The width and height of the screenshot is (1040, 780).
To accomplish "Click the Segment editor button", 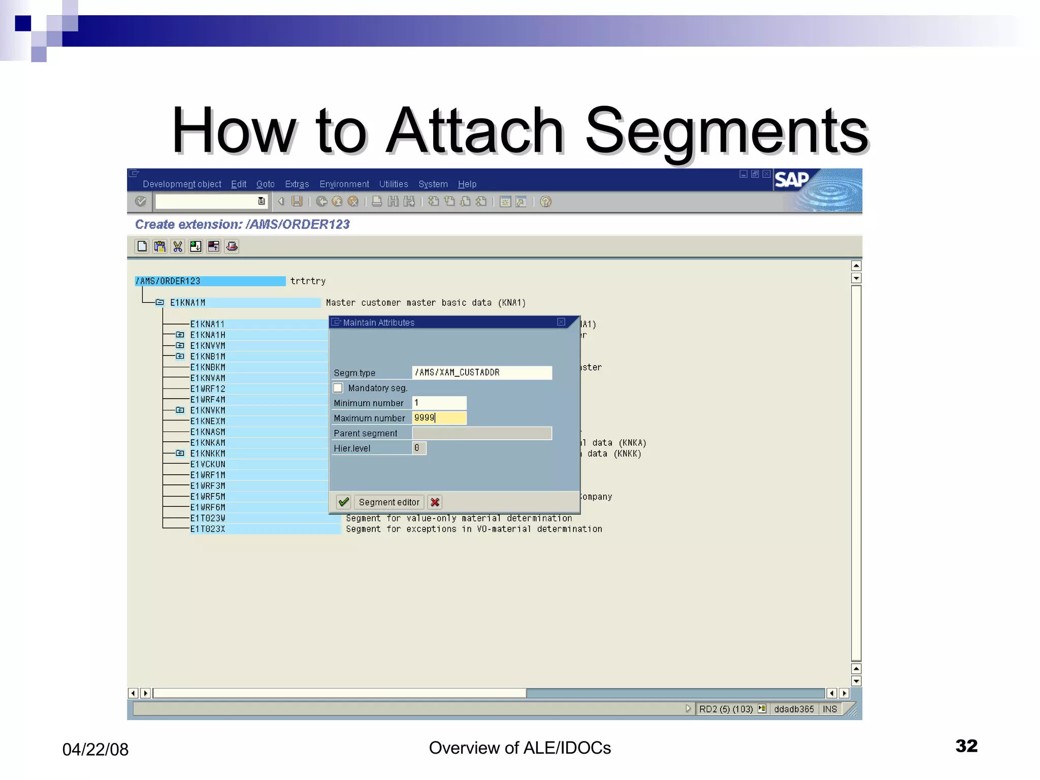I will [x=389, y=502].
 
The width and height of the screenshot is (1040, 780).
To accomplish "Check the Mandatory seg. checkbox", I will [x=338, y=388].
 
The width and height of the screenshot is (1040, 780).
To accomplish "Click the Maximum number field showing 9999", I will [x=439, y=418].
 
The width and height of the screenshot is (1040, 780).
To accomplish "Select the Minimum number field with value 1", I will [x=439, y=403].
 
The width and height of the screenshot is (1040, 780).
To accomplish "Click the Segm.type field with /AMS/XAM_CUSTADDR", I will [x=481, y=372].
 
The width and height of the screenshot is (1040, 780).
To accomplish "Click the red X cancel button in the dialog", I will [x=435, y=502].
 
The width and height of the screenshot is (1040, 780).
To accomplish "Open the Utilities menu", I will [x=394, y=184].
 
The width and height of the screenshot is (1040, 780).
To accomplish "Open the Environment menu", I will [x=344, y=184].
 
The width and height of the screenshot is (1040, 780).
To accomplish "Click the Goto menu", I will [x=265, y=184].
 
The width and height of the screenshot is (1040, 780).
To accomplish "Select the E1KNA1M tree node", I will [x=188, y=303].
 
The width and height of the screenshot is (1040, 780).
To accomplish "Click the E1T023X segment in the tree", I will [x=208, y=529].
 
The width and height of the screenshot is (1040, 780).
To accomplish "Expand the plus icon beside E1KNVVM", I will [x=180, y=346].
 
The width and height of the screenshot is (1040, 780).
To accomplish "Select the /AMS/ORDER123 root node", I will [x=168, y=281].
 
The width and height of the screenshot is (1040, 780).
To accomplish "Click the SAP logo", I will [x=791, y=180].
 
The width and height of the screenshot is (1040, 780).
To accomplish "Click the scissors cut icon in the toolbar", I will [x=177, y=247].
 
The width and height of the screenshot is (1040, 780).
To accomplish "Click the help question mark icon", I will [x=546, y=202].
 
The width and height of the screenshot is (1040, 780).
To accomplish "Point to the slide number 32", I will [x=966, y=745].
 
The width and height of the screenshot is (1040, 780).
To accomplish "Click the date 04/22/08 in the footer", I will [x=95, y=750].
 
